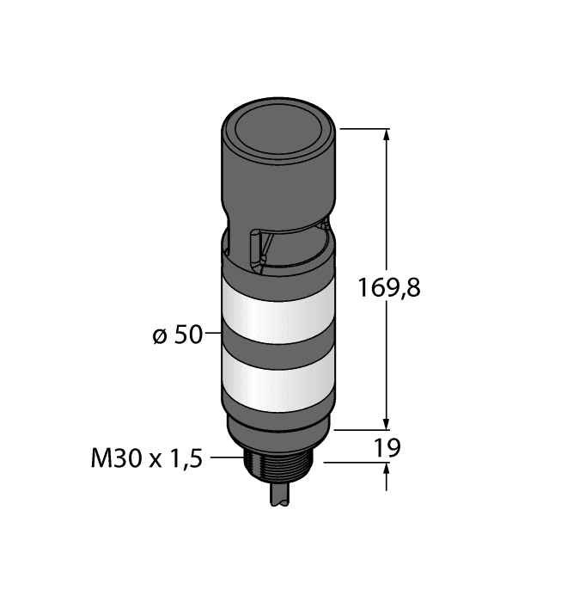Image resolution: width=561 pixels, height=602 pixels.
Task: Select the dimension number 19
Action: [x=388, y=447]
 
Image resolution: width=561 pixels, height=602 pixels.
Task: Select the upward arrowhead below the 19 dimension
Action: [x=386, y=470]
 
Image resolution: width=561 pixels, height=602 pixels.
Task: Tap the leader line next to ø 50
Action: [x=213, y=334]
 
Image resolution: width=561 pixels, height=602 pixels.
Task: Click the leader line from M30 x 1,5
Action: [x=225, y=458]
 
